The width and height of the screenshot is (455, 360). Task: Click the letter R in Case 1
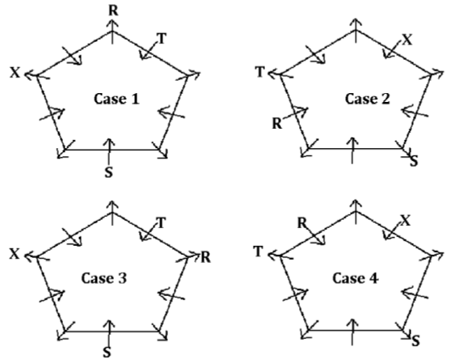pyautogui.click(x=113, y=11)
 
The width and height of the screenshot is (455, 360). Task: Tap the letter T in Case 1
pyautogui.click(x=162, y=38)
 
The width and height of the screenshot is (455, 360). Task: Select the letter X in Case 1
pyautogui.click(x=15, y=72)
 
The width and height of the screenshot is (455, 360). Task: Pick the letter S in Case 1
pyautogui.click(x=108, y=172)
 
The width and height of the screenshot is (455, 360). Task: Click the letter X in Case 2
pyautogui.click(x=407, y=40)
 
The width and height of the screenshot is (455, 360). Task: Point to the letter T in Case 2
pyautogui.click(x=260, y=72)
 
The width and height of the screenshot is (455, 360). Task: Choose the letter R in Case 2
pyautogui.click(x=277, y=124)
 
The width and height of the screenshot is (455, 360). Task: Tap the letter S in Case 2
pyautogui.click(x=414, y=161)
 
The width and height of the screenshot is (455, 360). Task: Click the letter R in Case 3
pyautogui.click(x=205, y=257)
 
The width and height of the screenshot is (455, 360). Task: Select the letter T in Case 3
pyautogui.click(x=161, y=223)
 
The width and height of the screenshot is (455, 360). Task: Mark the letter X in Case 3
pyautogui.click(x=15, y=254)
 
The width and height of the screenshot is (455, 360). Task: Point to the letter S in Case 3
pyautogui.click(x=107, y=353)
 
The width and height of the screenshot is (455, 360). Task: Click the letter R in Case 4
pyautogui.click(x=302, y=223)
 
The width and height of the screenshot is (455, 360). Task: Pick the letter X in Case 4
pyautogui.click(x=406, y=222)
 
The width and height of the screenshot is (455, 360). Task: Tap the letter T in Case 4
pyautogui.click(x=259, y=252)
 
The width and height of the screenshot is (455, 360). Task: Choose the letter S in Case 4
pyautogui.click(x=415, y=341)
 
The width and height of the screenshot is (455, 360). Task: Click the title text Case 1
pyautogui.click(x=116, y=99)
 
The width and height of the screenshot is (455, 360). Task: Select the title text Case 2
pyautogui.click(x=368, y=99)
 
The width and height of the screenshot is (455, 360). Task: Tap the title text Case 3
pyautogui.click(x=104, y=278)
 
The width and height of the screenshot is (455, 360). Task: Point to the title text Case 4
pyautogui.click(x=356, y=278)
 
